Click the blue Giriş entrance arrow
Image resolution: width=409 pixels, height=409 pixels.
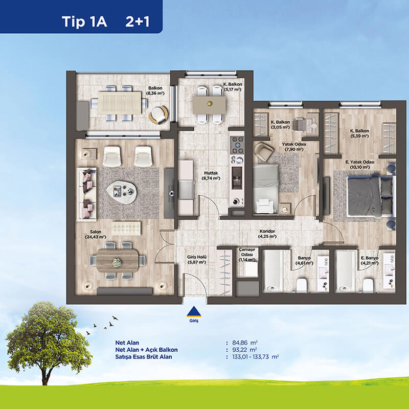pyautogui.click(x=194, y=312)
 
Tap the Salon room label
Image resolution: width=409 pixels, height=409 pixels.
pyautogui.click(x=96, y=234)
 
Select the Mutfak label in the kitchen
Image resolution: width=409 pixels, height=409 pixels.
pyautogui.click(x=211, y=176)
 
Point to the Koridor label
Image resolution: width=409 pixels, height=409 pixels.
pyautogui.click(x=267, y=234)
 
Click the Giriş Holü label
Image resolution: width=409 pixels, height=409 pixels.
pyautogui.click(x=197, y=260)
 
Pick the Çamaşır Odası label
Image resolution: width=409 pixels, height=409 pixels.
pyautogui.click(x=246, y=255)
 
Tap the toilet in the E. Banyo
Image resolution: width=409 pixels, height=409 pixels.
pyautogui.click(x=368, y=285)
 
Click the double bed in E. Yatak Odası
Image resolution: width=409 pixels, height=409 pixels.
pyautogui.click(x=370, y=197)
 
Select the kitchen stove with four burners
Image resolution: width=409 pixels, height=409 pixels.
pyautogui.click(x=237, y=145)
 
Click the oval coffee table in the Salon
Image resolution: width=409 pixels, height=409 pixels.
pyautogui.click(x=122, y=191)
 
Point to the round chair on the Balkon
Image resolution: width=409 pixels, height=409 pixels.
pyautogui.click(x=158, y=115)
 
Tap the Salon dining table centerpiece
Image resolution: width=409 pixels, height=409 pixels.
pyautogui.click(x=117, y=262)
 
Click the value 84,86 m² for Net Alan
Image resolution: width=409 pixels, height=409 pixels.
pyautogui.click(x=245, y=343)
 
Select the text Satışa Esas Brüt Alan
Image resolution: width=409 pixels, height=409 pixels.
pyautogui.click(x=144, y=357)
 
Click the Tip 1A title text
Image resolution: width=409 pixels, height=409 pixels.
pyautogui.click(x=84, y=21)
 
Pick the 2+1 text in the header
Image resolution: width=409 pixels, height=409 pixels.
pyautogui.click(x=138, y=21)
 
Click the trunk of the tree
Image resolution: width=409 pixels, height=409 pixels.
pyautogui.click(x=46, y=373)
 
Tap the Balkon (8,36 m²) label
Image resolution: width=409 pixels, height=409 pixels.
pyautogui.click(x=155, y=91)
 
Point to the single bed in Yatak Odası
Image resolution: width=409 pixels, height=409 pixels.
pyautogui.click(x=265, y=189)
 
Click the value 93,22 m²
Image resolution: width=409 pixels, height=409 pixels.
pyautogui.click(x=244, y=350)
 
